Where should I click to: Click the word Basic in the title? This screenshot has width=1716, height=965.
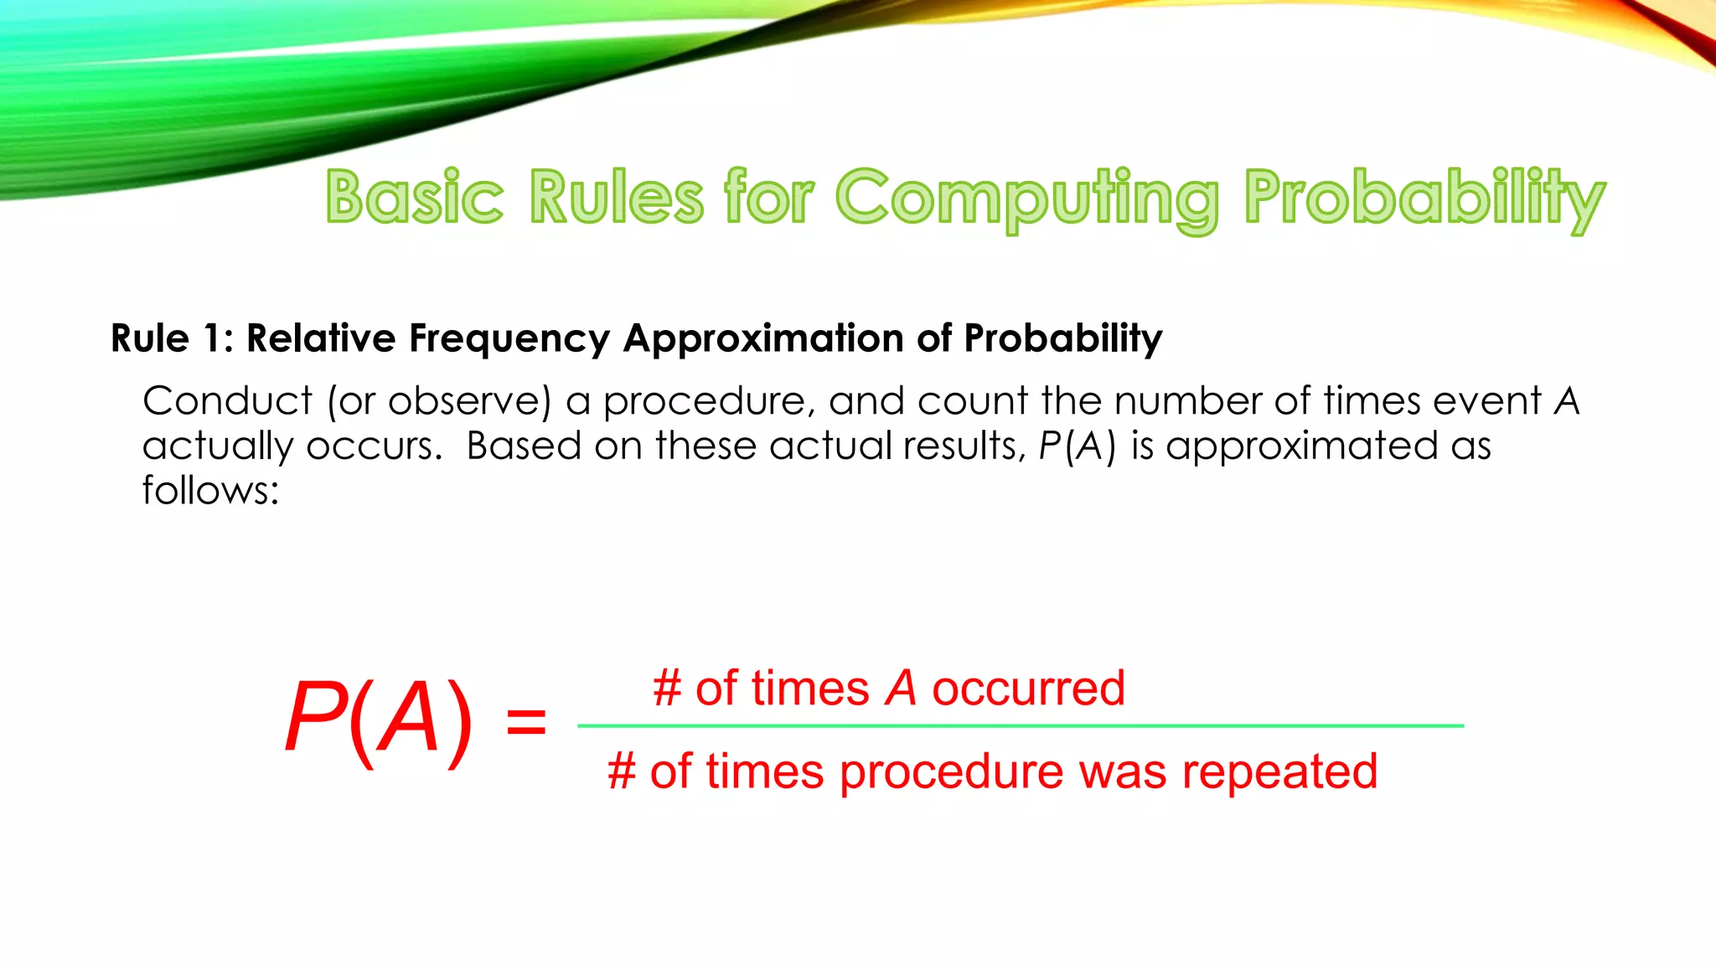(415, 198)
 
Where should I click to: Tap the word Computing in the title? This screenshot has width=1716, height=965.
(1027, 199)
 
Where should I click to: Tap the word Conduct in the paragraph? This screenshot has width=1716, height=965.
(227, 400)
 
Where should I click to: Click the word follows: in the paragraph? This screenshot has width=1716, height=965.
(210, 490)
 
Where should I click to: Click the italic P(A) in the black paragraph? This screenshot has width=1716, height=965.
(1078, 446)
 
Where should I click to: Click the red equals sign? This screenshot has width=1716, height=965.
(526, 722)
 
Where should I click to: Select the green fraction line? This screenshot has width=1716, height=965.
(1020, 725)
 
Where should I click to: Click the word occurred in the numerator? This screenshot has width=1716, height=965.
(1028, 689)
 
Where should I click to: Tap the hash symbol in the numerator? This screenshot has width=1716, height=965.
(667, 689)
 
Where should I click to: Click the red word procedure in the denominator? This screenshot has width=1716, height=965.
(951, 772)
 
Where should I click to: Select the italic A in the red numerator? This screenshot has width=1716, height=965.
(901, 689)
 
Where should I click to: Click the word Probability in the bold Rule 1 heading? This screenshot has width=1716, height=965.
(1062, 339)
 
